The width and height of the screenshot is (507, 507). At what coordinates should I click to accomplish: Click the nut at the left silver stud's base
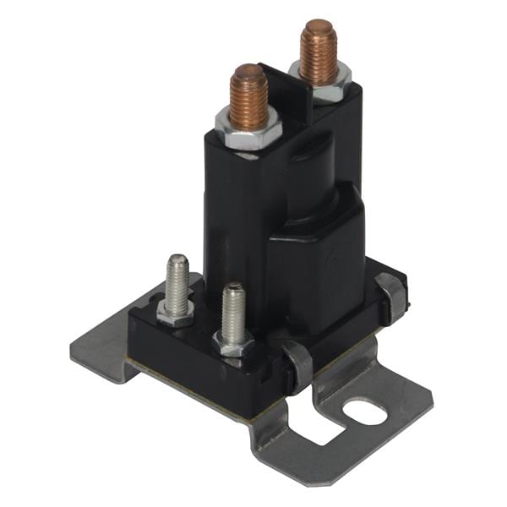tap(176, 312)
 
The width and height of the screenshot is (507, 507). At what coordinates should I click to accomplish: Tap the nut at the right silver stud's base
tap(234, 342)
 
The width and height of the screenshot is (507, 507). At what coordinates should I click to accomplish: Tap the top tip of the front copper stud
tap(248, 70)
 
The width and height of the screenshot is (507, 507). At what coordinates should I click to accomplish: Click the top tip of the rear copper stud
tap(318, 25)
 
